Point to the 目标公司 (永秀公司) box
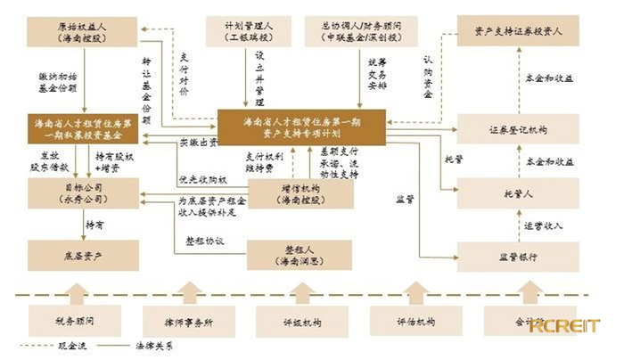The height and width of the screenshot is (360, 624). [x=82, y=193]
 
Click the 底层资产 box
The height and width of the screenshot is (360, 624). [x=82, y=257]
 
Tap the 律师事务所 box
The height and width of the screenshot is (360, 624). [x=186, y=320]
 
